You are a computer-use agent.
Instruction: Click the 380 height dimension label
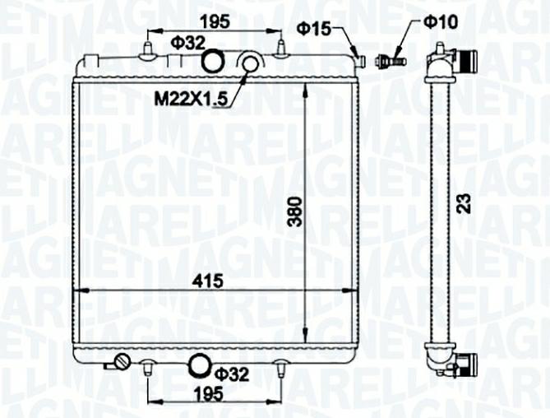coord(294,211)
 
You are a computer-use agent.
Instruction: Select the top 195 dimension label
coord(215,21)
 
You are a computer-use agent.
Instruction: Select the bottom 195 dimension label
coord(208,394)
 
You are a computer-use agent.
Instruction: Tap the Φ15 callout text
coord(314,29)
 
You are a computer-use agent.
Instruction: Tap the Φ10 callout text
coord(441,21)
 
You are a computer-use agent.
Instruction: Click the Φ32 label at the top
coord(188,43)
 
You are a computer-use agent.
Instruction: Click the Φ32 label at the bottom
coord(232,374)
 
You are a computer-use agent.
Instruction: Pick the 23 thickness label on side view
coord(464,203)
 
